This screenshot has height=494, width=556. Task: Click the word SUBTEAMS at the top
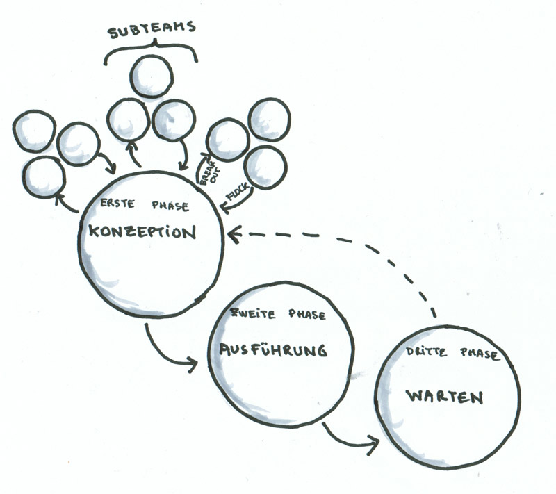152,29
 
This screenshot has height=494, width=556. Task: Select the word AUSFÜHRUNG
272,350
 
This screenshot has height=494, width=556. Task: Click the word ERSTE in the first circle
117,204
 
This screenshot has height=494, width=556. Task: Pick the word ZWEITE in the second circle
253,313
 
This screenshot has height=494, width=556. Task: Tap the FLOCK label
238,192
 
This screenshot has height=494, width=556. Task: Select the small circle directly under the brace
152,76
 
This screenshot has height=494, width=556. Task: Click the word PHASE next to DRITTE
480,354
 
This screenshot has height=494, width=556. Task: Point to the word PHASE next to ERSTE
170,206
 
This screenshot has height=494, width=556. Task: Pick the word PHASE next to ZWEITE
307,314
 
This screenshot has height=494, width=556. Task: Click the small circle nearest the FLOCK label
265,167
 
